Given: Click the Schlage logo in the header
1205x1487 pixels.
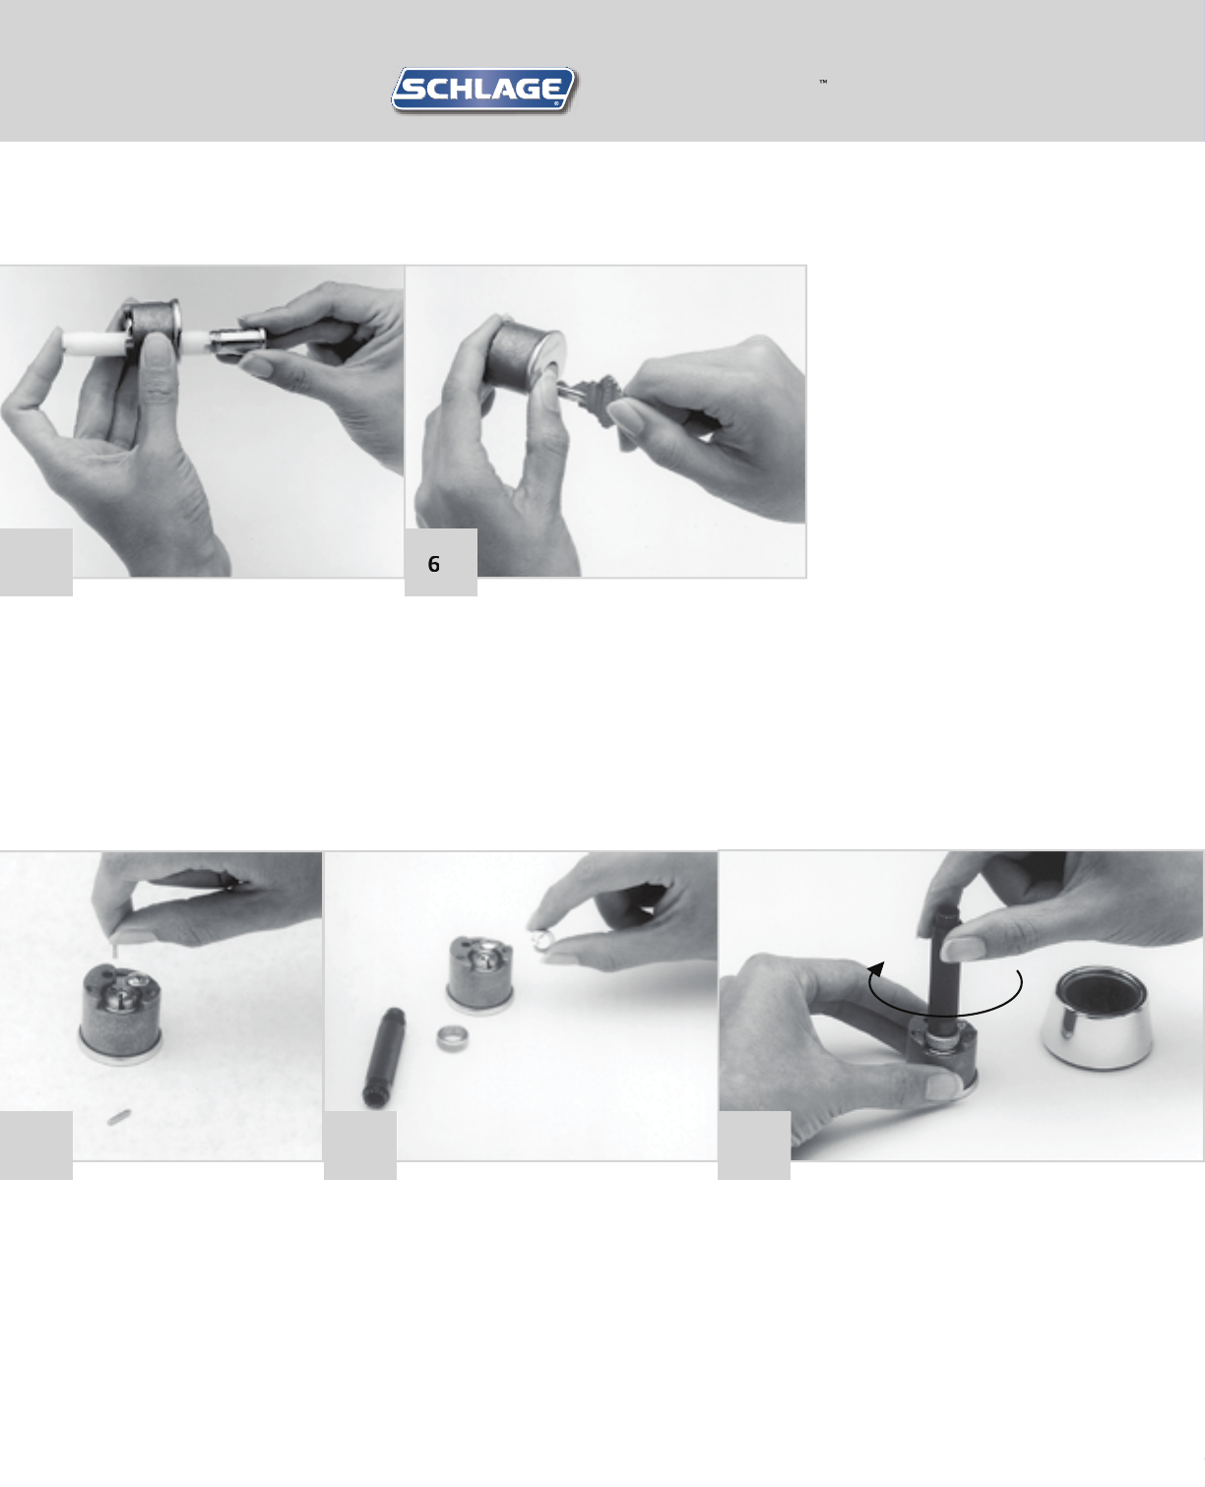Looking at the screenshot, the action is (483, 91).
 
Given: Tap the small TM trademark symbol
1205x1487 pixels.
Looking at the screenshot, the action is (823, 82).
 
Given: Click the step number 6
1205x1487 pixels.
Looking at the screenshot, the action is (433, 564).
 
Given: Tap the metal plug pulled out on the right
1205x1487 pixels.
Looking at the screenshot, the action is (238, 342).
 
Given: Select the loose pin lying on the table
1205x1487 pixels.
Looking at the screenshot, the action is (119, 1117).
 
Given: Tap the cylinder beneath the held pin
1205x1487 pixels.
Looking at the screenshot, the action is (121, 1014).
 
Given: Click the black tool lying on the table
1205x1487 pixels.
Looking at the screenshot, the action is (383, 1058).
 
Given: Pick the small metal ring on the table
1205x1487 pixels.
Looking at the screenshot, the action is (453, 1039).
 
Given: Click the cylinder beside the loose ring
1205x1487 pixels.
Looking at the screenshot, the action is (480, 975).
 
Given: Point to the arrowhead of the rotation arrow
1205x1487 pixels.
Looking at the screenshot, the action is (877, 968).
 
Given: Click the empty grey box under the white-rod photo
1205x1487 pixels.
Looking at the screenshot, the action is (36, 562).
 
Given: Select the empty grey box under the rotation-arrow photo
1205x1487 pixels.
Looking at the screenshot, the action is (754, 1145).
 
